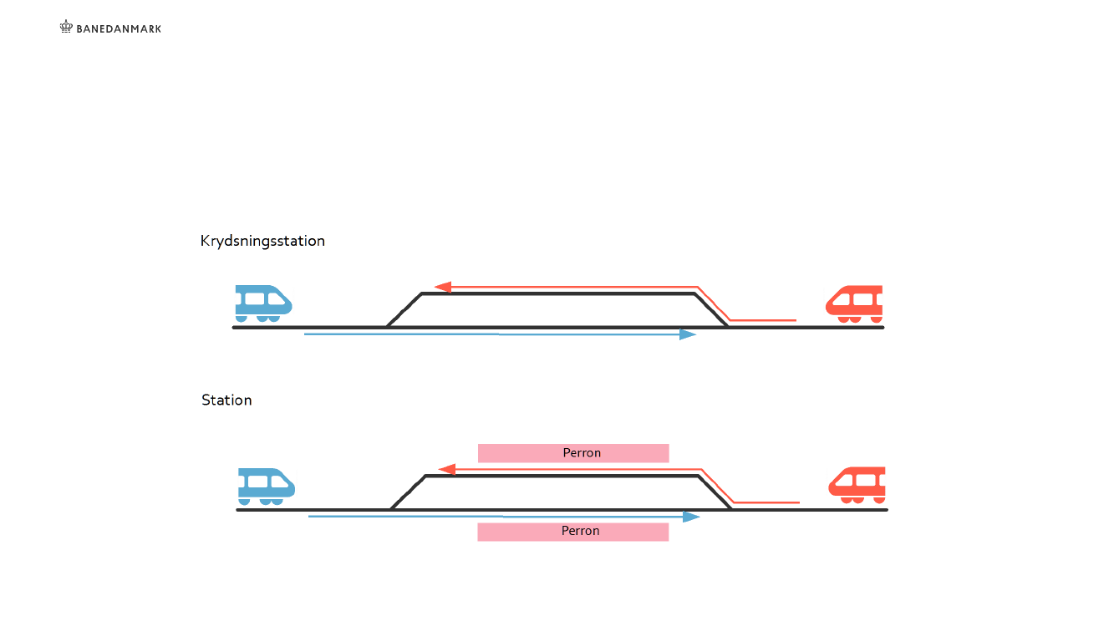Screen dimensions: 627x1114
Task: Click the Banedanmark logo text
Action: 119,28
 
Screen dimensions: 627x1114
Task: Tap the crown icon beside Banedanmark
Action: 67,27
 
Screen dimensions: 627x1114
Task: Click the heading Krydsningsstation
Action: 262,241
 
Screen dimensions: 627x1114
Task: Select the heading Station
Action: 226,400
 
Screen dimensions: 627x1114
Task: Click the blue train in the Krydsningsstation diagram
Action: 262,303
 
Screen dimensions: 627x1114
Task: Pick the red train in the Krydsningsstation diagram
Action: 855,303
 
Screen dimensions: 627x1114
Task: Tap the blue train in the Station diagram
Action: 266,486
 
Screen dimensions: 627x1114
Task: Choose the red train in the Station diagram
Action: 858,485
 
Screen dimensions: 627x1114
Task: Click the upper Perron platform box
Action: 573,453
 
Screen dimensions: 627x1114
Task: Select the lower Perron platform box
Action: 573,532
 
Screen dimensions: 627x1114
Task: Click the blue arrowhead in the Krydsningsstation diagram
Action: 688,334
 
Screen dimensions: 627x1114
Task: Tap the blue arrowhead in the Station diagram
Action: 691,517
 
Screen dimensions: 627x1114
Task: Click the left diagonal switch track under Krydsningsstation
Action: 404,310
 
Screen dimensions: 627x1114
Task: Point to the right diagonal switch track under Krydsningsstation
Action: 710,310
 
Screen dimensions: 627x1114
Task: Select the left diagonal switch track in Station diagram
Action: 409,492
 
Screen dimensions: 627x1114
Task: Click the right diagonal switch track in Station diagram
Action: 715,492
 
